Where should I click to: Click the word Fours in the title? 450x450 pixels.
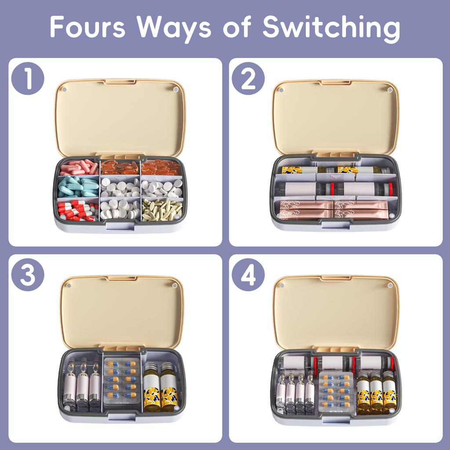click(87, 28)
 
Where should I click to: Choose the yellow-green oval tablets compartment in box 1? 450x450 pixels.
click(162, 209)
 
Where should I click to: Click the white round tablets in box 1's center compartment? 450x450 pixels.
click(120, 187)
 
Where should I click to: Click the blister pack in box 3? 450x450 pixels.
click(122, 379)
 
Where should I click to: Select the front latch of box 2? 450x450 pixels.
click(335, 225)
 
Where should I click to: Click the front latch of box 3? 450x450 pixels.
click(122, 416)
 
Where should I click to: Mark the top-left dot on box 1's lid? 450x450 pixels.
click(64, 89)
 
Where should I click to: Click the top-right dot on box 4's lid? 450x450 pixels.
click(389, 285)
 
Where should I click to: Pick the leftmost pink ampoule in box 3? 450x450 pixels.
click(69, 386)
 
